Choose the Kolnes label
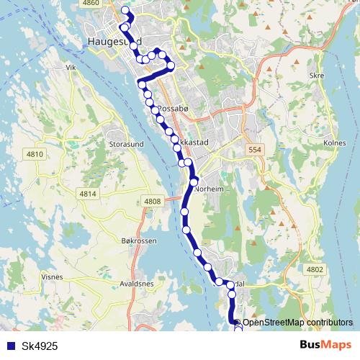(x=336, y=143)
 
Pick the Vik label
(x=71, y=67)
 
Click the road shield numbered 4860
(x=91, y=4)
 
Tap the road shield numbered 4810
(x=35, y=154)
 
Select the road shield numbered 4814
(x=88, y=194)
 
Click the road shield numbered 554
(x=251, y=148)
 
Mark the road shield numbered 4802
(x=315, y=269)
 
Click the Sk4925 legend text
(x=40, y=346)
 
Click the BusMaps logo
(x=325, y=346)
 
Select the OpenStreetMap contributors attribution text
(x=297, y=322)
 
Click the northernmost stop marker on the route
(x=125, y=11)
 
